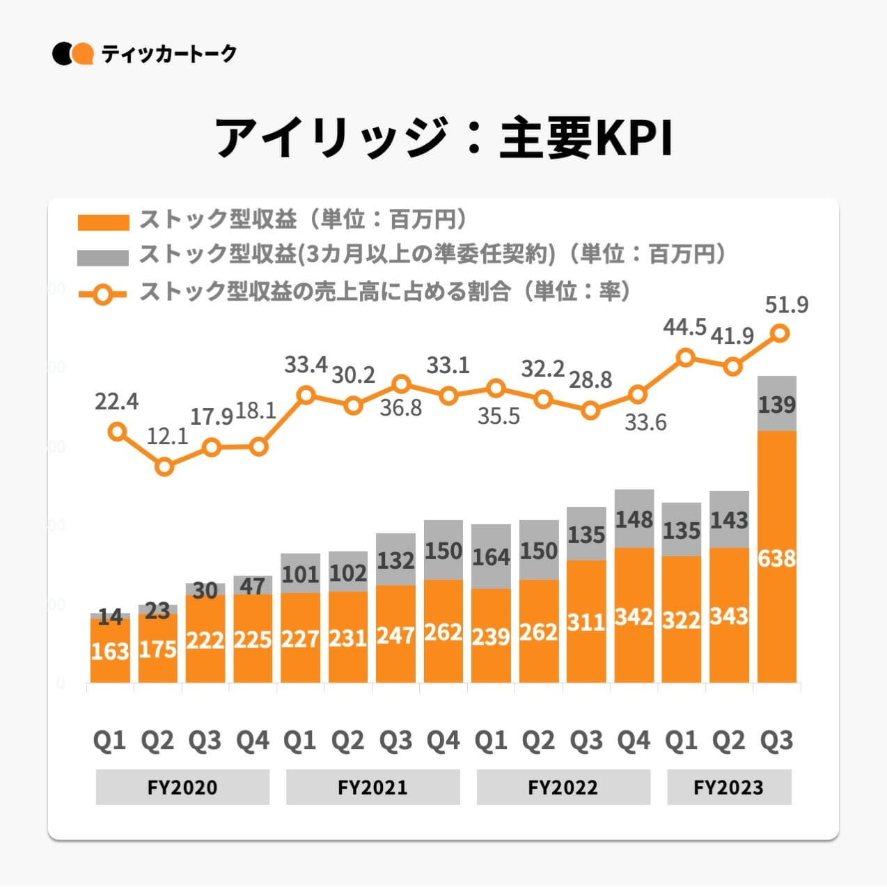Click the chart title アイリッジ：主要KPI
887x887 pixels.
tap(443, 137)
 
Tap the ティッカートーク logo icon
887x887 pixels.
tap(72, 54)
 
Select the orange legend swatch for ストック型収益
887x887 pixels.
tap(103, 222)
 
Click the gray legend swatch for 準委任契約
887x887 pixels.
tap(103, 257)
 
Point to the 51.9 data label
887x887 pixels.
tap(786, 305)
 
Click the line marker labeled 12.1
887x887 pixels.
tap(164, 466)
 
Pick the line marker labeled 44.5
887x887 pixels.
tap(686, 358)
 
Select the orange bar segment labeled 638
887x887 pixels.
tap(776, 557)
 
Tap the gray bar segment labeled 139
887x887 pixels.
tap(776, 404)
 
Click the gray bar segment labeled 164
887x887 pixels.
tap(491, 556)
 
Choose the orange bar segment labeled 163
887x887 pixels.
tap(110, 650)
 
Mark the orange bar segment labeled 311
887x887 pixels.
tap(586, 621)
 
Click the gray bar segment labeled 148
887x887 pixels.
tap(634, 519)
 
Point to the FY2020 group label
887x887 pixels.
tap(182, 787)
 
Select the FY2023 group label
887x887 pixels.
tap(729, 787)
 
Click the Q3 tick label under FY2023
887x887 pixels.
tap(776, 740)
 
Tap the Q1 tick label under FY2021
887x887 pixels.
tap(300, 740)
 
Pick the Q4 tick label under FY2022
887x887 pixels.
tap(634, 740)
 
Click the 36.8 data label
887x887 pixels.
tap(400, 407)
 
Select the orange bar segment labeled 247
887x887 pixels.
tap(395, 634)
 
